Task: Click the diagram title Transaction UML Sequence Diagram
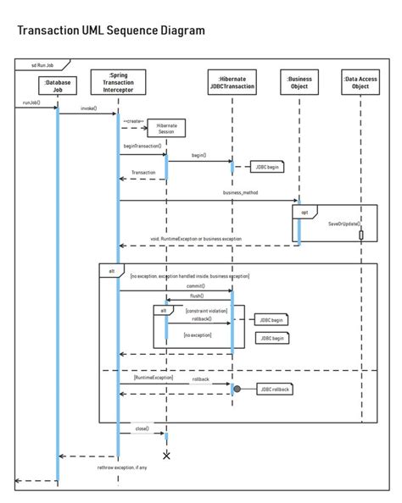[111, 30]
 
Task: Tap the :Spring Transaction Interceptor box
[118, 82]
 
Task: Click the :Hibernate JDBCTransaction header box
[232, 83]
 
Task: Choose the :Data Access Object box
[360, 83]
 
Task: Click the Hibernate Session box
[166, 129]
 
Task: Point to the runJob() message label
[27, 102]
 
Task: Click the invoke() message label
[88, 108]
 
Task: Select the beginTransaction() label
[142, 146]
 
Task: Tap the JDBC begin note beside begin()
[267, 168]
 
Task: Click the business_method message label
[240, 193]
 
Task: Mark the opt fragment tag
[303, 213]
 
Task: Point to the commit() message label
[197, 285]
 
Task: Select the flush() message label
[197, 296]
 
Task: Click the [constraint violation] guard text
[207, 311]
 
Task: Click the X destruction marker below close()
[166, 456]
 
